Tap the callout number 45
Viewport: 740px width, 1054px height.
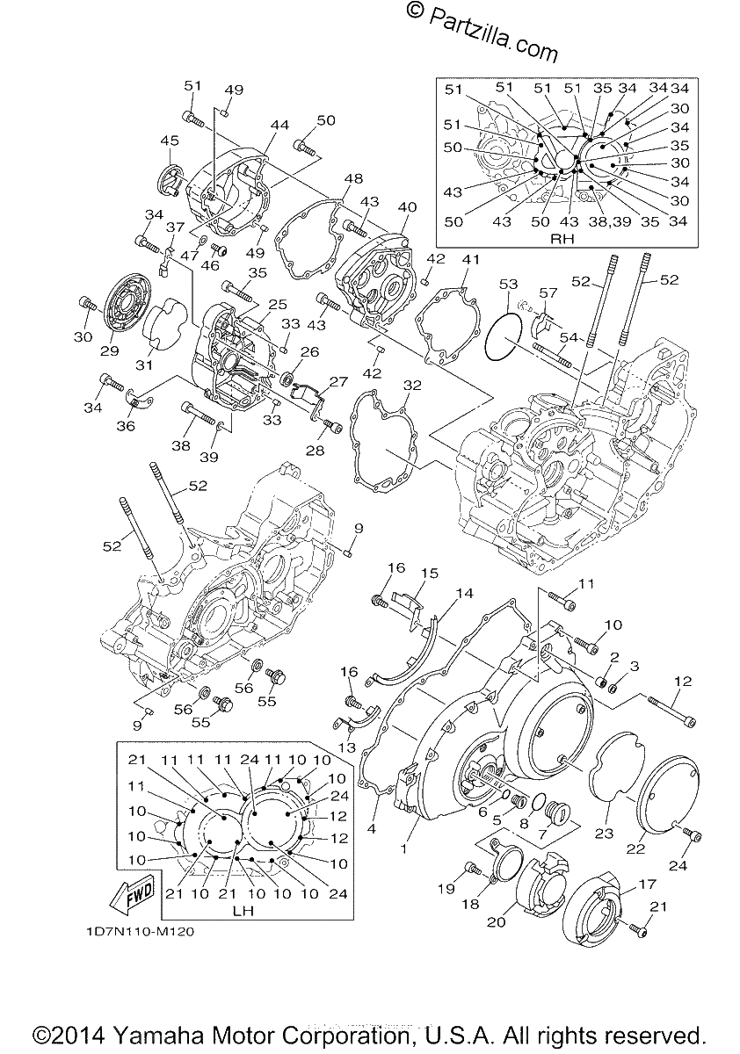(x=170, y=141)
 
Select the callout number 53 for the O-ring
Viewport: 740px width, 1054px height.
(x=508, y=285)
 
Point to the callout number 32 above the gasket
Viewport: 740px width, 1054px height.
(x=412, y=386)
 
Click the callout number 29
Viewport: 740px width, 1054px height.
(x=109, y=350)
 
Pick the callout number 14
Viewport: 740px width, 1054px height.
(x=464, y=593)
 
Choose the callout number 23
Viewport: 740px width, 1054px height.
(x=604, y=833)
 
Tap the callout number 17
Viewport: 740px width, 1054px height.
(x=647, y=884)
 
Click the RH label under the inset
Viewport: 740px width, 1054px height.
(x=562, y=239)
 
